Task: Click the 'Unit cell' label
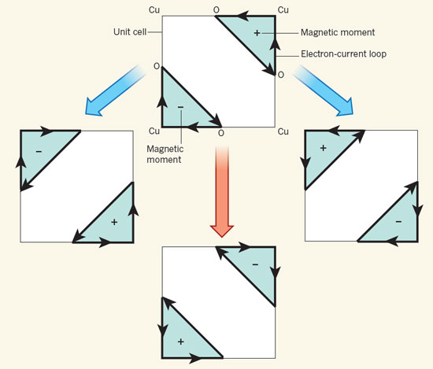[x=130, y=31]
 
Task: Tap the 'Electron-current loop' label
[x=343, y=54]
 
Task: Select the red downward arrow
[x=222, y=191]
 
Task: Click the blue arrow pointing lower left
[x=116, y=90]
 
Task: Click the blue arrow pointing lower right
[x=323, y=90]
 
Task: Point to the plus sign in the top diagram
[x=257, y=33]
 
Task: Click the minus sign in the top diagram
[x=180, y=107]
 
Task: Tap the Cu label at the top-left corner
[x=154, y=10]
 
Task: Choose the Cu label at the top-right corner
[x=283, y=10]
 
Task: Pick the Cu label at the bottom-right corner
[x=283, y=131]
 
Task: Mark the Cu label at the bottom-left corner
[x=154, y=131]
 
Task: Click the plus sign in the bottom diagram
[x=180, y=342]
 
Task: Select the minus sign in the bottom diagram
[x=255, y=264]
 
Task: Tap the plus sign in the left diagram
[x=114, y=222]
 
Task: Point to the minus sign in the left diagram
[x=39, y=152]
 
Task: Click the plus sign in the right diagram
[x=323, y=148]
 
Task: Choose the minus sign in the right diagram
[x=398, y=222]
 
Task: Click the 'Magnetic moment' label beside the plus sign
[x=338, y=32]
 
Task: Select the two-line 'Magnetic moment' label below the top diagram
[x=165, y=154]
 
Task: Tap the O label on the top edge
[x=216, y=10]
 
